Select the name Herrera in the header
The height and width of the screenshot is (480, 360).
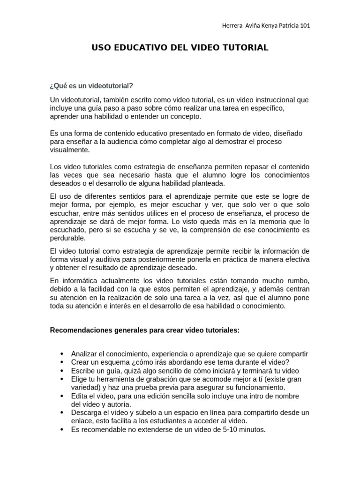coord(232,25)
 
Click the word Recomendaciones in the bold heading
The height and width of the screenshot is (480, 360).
coord(81,330)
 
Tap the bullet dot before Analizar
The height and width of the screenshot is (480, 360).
coord(62,354)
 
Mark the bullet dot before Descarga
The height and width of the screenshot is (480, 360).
coord(62,412)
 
